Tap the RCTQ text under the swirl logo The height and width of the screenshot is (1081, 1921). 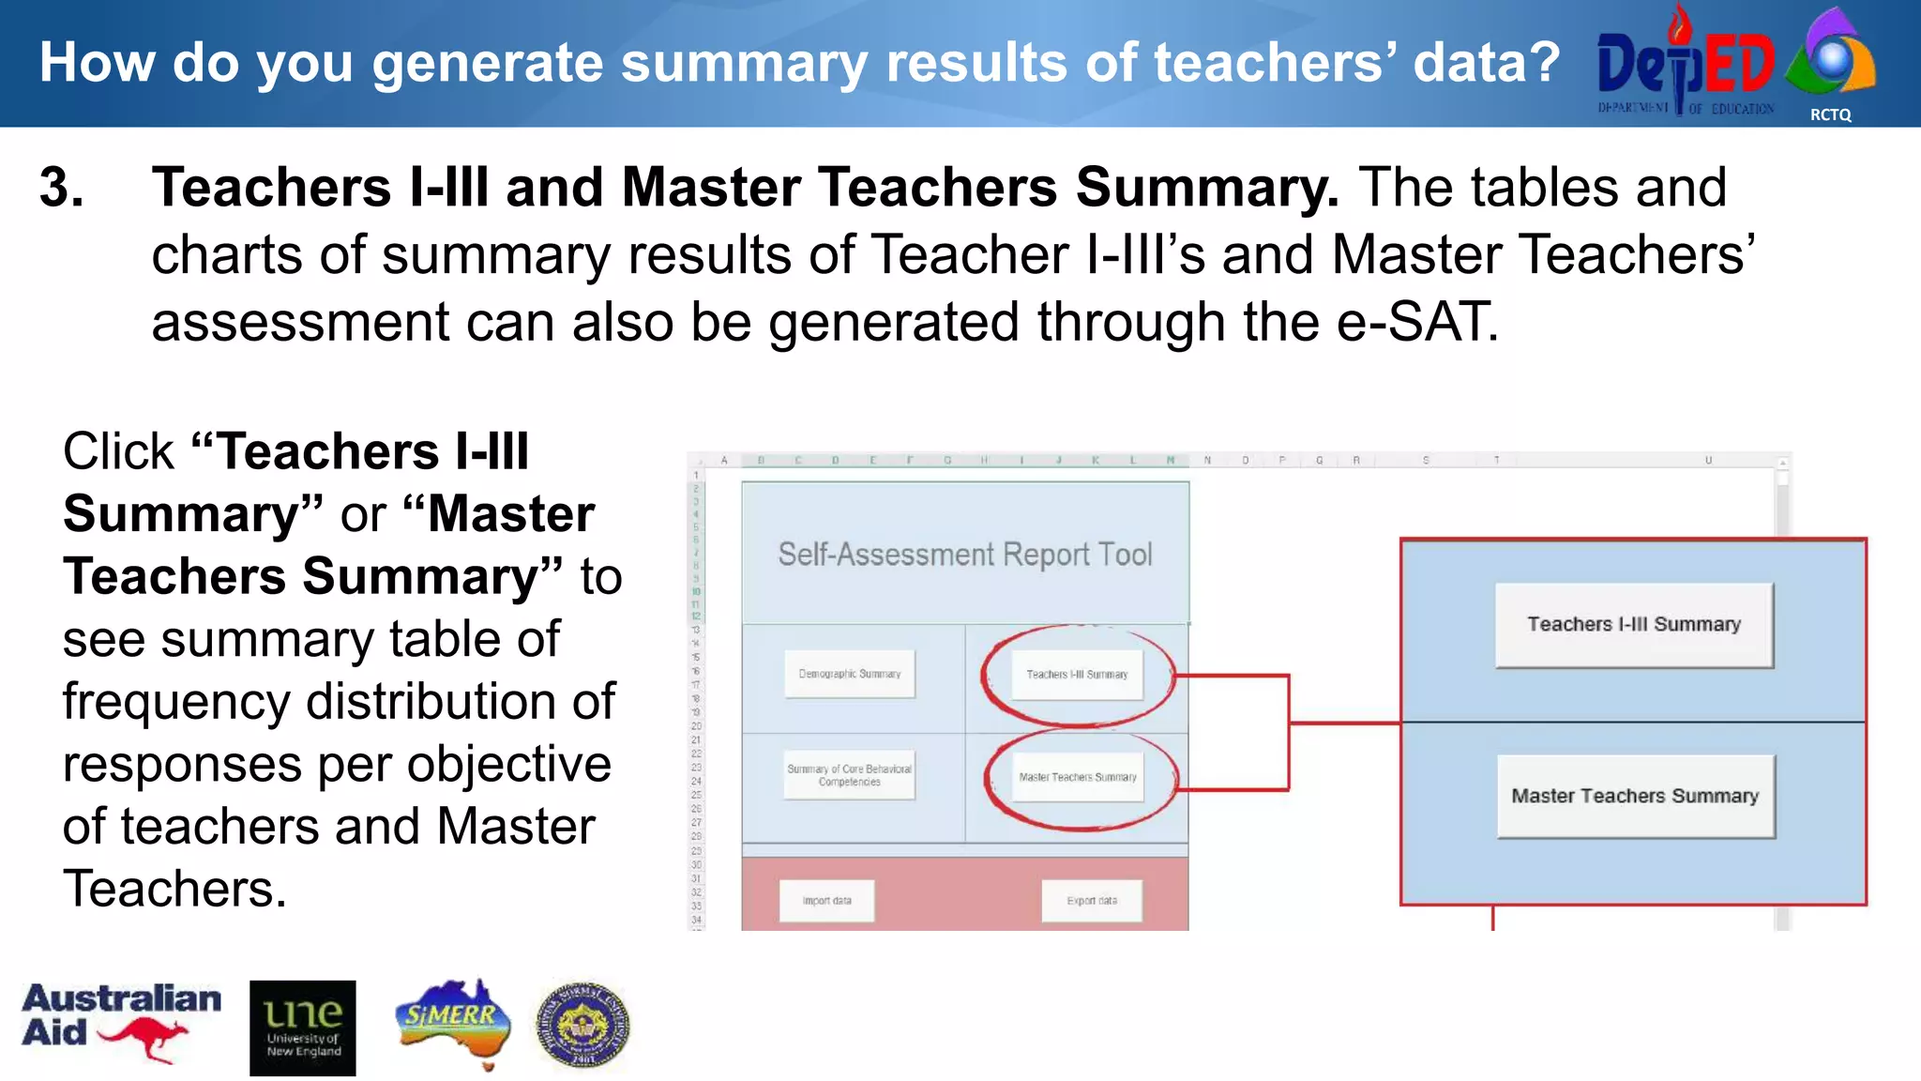(1830, 114)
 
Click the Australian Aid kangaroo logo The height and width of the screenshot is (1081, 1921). (121, 1022)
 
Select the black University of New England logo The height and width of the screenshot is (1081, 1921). (302, 1028)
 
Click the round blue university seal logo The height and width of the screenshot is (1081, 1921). (582, 1026)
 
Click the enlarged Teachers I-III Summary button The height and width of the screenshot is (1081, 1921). (1633, 625)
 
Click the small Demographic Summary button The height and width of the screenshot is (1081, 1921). (849, 674)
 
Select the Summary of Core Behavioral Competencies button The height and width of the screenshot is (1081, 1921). (849, 775)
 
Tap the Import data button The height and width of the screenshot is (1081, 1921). (826, 901)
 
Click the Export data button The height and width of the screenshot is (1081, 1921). (1091, 901)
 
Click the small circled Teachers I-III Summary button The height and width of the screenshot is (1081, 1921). (1077, 675)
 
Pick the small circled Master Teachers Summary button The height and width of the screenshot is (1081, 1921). (1077, 777)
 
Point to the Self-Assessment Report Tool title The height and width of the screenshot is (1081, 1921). (964, 555)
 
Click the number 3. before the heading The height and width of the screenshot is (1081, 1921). (62, 187)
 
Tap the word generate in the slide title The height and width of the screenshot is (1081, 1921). (488, 64)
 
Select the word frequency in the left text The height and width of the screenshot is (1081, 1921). (176, 702)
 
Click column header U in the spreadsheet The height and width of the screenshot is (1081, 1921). (1708, 461)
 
